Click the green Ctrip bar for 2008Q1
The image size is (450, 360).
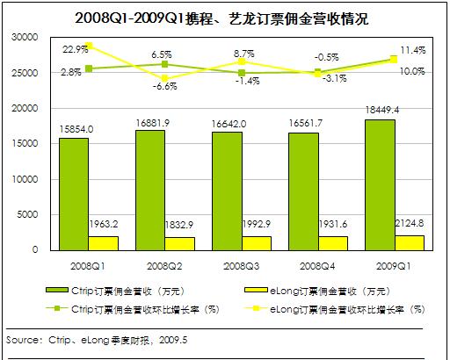click(x=74, y=194)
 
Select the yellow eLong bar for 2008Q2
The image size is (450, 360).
click(x=179, y=244)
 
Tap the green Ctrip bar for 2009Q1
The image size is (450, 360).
click(x=380, y=185)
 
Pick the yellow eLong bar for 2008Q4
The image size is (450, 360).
click(x=333, y=243)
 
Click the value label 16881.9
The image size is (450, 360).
click(x=153, y=123)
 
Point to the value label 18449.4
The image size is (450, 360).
click(x=382, y=110)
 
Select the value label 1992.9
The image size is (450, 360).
click(x=257, y=224)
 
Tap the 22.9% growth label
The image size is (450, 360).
click(x=75, y=49)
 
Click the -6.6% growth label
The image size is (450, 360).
click(x=165, y=86)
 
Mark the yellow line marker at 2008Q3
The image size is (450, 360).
click(x=242, y=61)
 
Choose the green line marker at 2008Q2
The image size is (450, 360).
click(x=164, y=64)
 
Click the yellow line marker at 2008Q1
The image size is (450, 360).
click(x=89, y=46)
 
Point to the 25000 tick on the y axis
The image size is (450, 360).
click(x=25, y=73)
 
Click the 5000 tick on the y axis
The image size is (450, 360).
click(x=27, y=214)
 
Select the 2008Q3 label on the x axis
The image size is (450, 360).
click(x=241, y=266)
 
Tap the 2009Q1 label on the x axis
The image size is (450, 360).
click(x=394, y=266)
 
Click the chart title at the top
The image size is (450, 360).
click(x=221, y=18)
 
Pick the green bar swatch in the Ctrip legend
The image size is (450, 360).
click(x=57, y=290)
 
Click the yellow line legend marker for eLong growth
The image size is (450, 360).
click(x=256, y=308)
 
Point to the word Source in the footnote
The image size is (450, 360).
click(x=22, y=340)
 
